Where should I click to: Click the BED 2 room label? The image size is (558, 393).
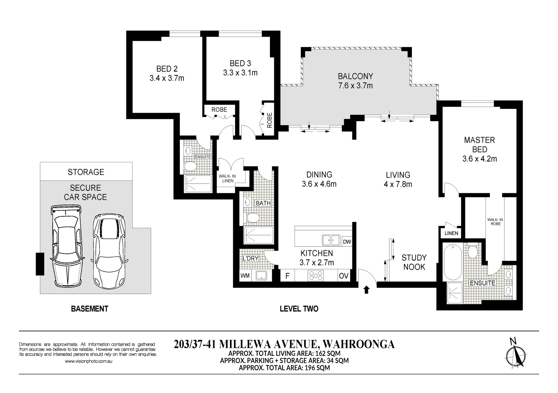tap(167, 68)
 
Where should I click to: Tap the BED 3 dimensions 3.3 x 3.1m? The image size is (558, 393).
tap(240, 73)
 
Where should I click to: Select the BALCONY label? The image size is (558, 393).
tap(355, 76)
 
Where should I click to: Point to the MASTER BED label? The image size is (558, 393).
tap(480, 144)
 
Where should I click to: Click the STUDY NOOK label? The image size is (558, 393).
tap(414, 262)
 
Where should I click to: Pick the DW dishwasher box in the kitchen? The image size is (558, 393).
tap(347, 242)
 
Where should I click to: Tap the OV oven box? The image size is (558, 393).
tap(343, 276)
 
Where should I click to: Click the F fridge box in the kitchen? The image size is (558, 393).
tap(287, 276)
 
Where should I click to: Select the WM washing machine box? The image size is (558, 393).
tap(245, 276)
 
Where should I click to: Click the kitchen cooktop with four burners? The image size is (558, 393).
tap(315, 276)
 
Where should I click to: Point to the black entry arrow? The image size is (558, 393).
tap(366, 290)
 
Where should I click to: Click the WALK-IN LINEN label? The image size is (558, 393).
tap(227, 178)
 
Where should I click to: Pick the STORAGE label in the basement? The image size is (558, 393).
tap(86, 172)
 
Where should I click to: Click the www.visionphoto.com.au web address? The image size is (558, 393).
tap(88, 361)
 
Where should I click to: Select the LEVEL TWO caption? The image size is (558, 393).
tap(299, 309)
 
